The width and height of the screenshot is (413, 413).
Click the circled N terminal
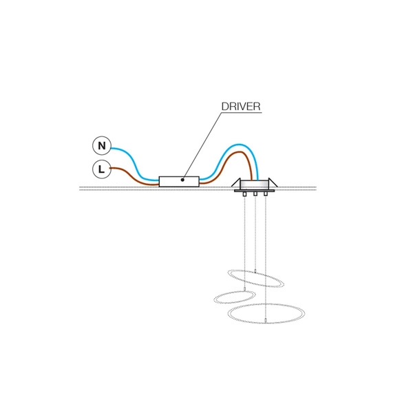pos(102,145)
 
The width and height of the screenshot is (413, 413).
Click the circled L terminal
pos(102,169)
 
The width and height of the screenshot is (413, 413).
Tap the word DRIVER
pos(241,107)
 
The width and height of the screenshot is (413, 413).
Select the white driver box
pos(179,182)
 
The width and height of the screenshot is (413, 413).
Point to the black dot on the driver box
pos(182,180)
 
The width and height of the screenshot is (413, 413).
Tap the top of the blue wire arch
pos(239,145)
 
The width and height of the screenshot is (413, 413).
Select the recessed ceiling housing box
pos(254,184)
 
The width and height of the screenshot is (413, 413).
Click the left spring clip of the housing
pos(236,182)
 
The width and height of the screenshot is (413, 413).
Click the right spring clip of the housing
pos(273,182)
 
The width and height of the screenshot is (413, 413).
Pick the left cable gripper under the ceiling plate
pos(244,194)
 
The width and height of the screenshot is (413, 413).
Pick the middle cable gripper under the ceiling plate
pos(255,194)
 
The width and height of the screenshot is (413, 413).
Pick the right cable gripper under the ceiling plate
pos(266,194)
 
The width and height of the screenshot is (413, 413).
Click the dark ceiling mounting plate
pos(254,191)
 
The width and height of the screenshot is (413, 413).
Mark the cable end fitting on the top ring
pos(255,271)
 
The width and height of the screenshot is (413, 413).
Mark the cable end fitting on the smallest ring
pos(244,290)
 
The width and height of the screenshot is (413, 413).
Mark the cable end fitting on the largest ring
pos(266,321)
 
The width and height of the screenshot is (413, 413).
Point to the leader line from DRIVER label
pos(202,146)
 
